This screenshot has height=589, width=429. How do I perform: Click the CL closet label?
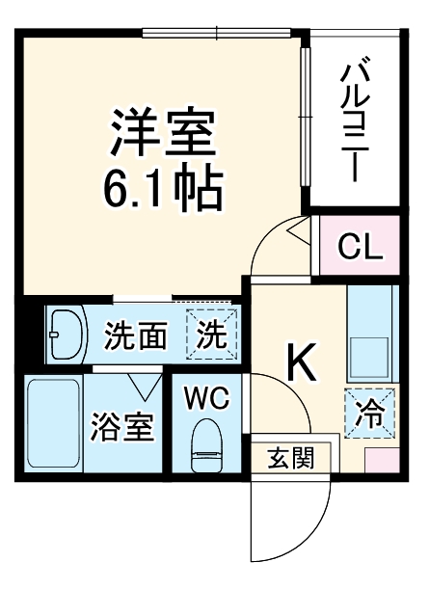[x=360, y=247]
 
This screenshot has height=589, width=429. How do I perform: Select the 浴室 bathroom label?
[x=122, y=427]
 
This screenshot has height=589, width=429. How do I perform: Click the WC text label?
[x=207, y=398]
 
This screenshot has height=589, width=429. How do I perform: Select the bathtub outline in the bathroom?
[x=53, y=425]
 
